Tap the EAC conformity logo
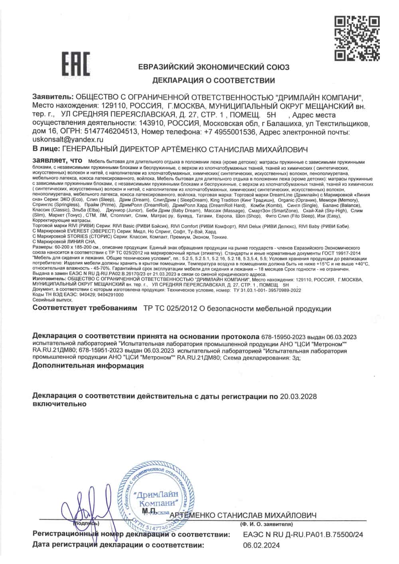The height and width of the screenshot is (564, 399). pyautogui.click(x=75, y=65)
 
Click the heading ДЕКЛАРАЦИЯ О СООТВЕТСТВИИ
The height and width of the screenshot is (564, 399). pyautogui.click(x=213, y=80)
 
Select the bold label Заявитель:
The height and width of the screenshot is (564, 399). pyautogui.click(x=51, y=98)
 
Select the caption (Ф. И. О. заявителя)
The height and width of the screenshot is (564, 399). pyautogui.click(x=266, y=524)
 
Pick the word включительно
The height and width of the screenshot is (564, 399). pyautogui.click(x=59, y=404)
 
